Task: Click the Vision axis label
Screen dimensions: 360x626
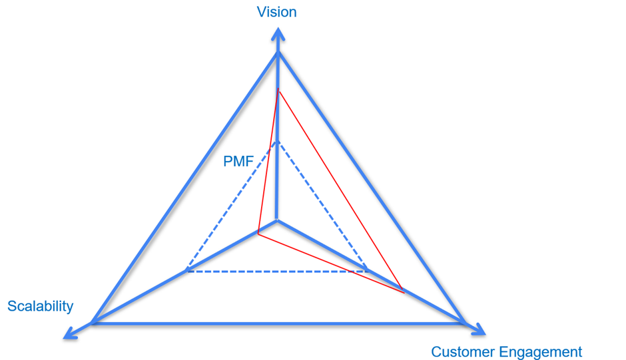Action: [277, 12]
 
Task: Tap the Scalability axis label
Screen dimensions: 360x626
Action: [40, 306]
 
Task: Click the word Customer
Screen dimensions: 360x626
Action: [464, 352]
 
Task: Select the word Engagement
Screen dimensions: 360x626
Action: [541, 352]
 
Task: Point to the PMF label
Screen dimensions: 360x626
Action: [238, 162]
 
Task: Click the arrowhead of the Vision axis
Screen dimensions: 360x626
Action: [278, 33]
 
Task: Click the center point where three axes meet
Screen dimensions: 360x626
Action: [278, 220]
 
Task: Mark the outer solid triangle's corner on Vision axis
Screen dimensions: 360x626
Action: [278, 52]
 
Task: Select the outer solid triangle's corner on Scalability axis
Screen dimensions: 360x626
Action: [93, 323]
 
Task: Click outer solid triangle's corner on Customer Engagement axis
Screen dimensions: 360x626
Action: [464, 323]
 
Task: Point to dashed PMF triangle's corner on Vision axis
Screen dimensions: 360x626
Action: [278, 140]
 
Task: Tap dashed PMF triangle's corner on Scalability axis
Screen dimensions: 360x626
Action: [187, 271]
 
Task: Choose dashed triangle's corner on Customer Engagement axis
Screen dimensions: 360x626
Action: [368, 271]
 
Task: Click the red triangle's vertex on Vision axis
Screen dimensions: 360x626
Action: [278, 90]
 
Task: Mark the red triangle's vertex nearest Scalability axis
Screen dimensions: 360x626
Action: [258, 234]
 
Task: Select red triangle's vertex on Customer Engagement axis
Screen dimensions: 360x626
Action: [404, 292]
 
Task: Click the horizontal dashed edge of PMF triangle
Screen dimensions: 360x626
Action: [277, 271]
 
